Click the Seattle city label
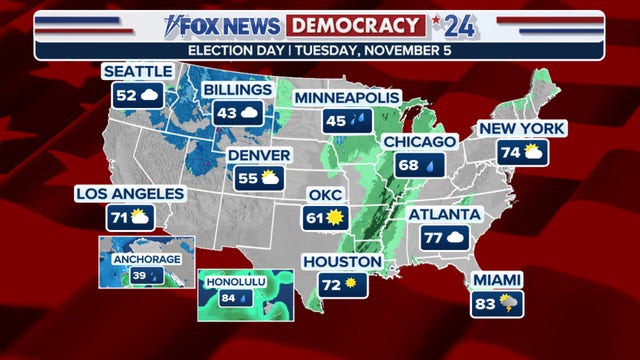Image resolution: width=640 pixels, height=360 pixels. click(138, 71)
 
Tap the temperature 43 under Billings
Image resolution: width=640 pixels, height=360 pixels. click(227, 113)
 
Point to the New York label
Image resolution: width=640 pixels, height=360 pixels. click(522, 128)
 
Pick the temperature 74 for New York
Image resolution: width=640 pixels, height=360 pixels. click(511, 152)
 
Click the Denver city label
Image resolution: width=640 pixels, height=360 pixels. click(259, 155)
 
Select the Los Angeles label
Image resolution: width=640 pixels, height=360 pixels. click(131, 193)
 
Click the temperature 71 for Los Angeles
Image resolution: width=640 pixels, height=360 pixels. click(119, 216)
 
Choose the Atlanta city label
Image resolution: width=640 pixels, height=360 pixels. click(445, 214)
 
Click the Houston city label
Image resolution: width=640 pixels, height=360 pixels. click(343, 262)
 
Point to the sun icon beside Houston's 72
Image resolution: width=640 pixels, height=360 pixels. click(351, 285)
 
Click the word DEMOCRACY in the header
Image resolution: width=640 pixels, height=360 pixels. click(352, 23)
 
